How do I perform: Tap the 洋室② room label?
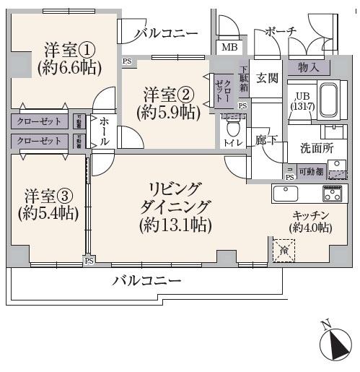click(x=168, y=95)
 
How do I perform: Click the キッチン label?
click(x=312, y=215)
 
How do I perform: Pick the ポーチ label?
click(x=281, y=31)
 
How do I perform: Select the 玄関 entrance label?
click(x=266, y=77)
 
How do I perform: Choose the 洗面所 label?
click(x=316, y=147)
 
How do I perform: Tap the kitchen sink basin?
click(x=285, y=194)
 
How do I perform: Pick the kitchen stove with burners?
click(x=333, y=194)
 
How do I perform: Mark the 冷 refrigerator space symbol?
click(x=284, y=250)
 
